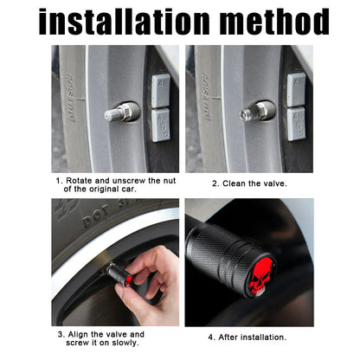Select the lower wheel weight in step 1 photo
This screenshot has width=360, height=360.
point(161,125)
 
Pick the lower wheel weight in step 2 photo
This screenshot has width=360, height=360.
point(296,125)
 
